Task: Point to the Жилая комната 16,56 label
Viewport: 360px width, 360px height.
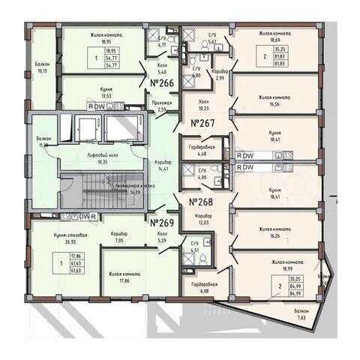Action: tap(274, 100)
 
